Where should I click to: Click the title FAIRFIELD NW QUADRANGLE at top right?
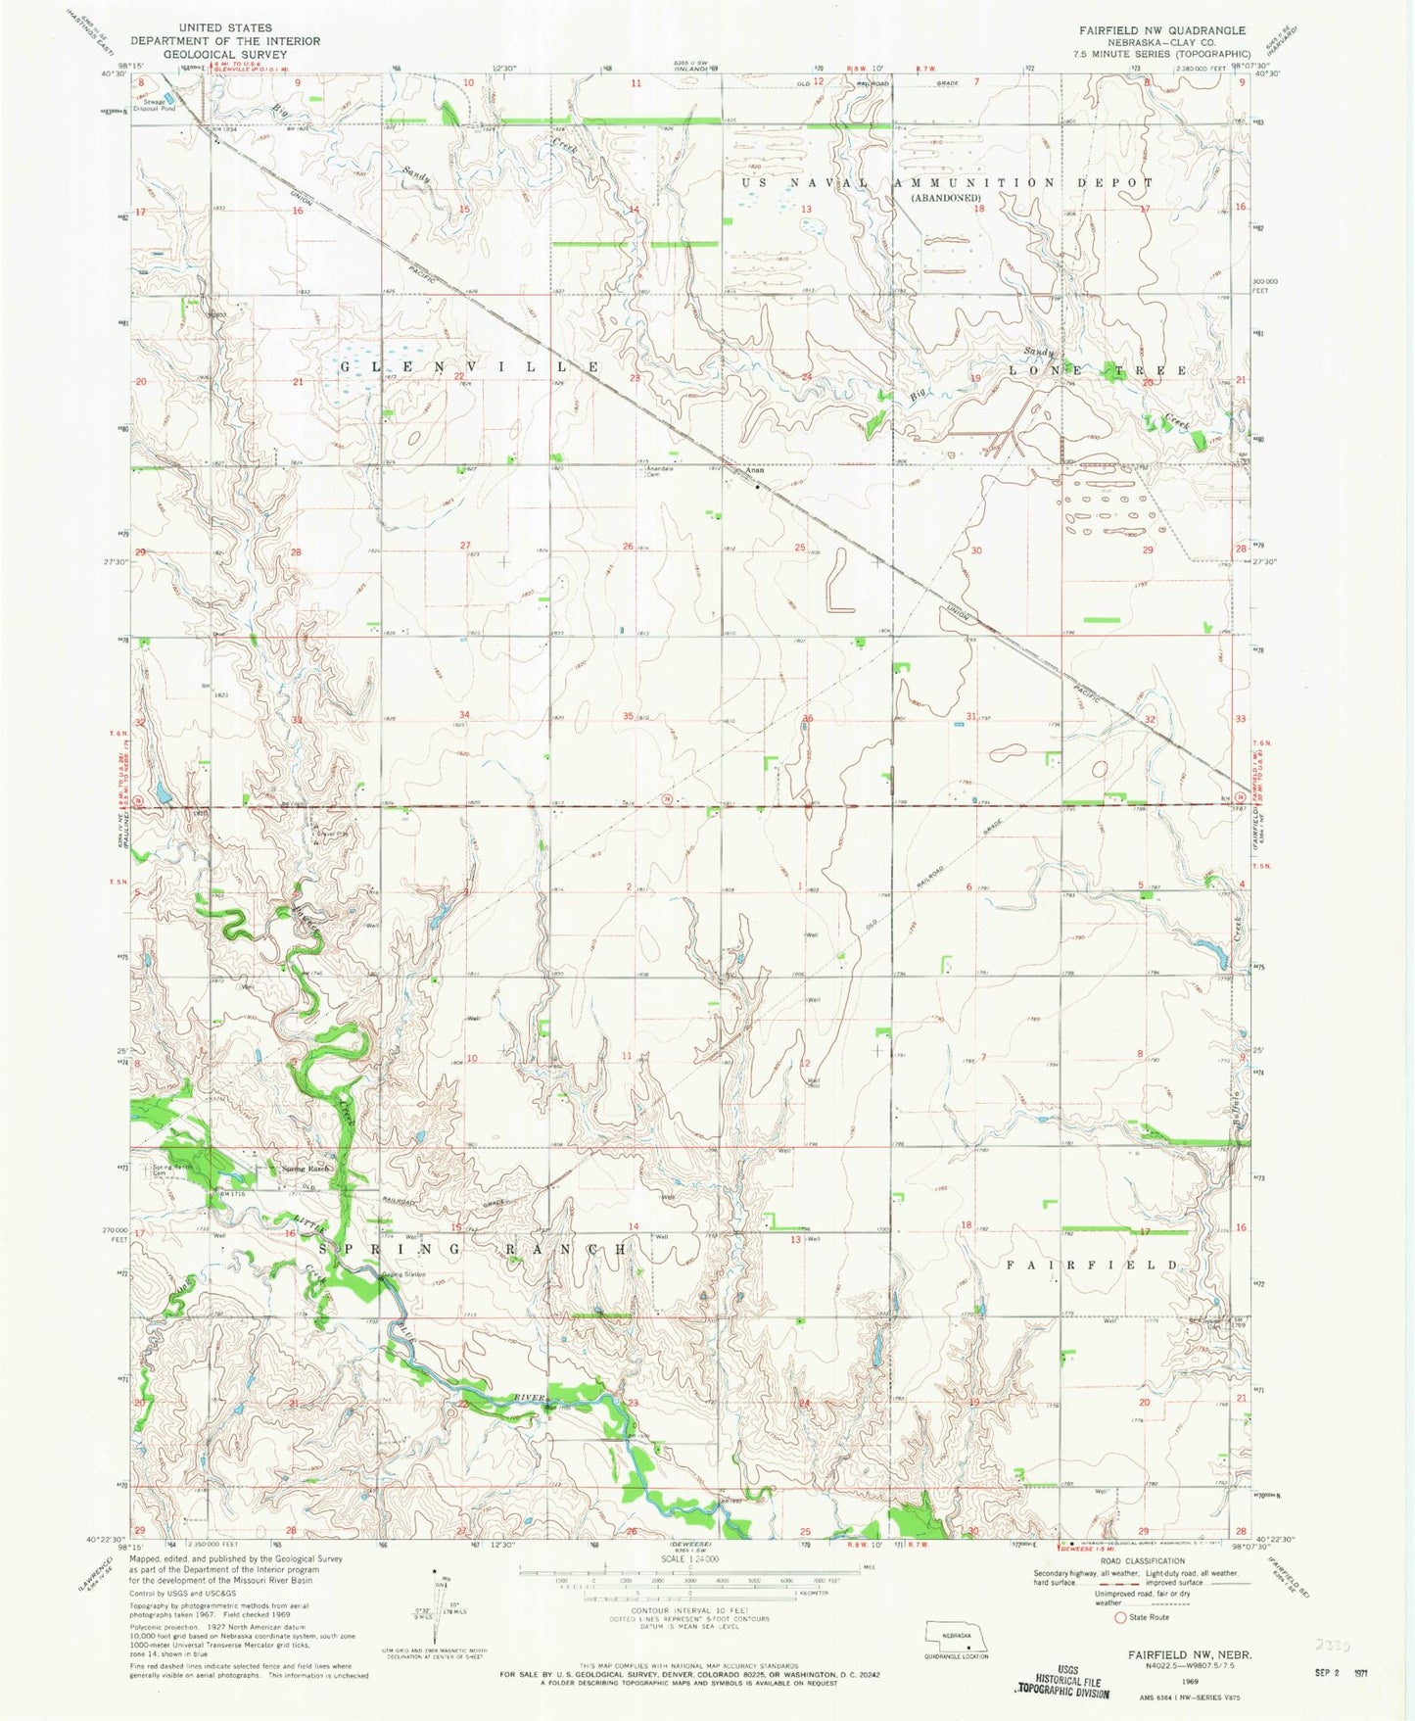pyautogui.click(x=1162, y=30)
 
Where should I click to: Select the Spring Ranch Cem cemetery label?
pyautogui.click(x=169, y=1171)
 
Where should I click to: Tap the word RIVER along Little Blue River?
pyautogui.click(x=524, y=1398)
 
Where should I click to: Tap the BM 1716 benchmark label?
pyautogui.click(x=231, y=1191)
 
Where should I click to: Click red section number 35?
pyautogui.click(x=628, y=716)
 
